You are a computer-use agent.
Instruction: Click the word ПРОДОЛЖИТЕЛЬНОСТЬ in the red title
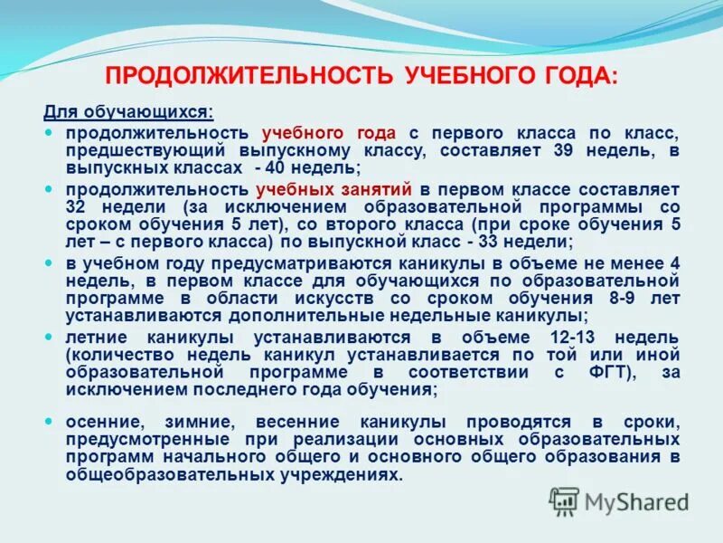[249, 76]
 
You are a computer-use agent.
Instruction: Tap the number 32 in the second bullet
[73, 207]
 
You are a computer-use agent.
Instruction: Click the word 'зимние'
[208, 422]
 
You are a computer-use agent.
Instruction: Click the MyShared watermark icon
[565, 500]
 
